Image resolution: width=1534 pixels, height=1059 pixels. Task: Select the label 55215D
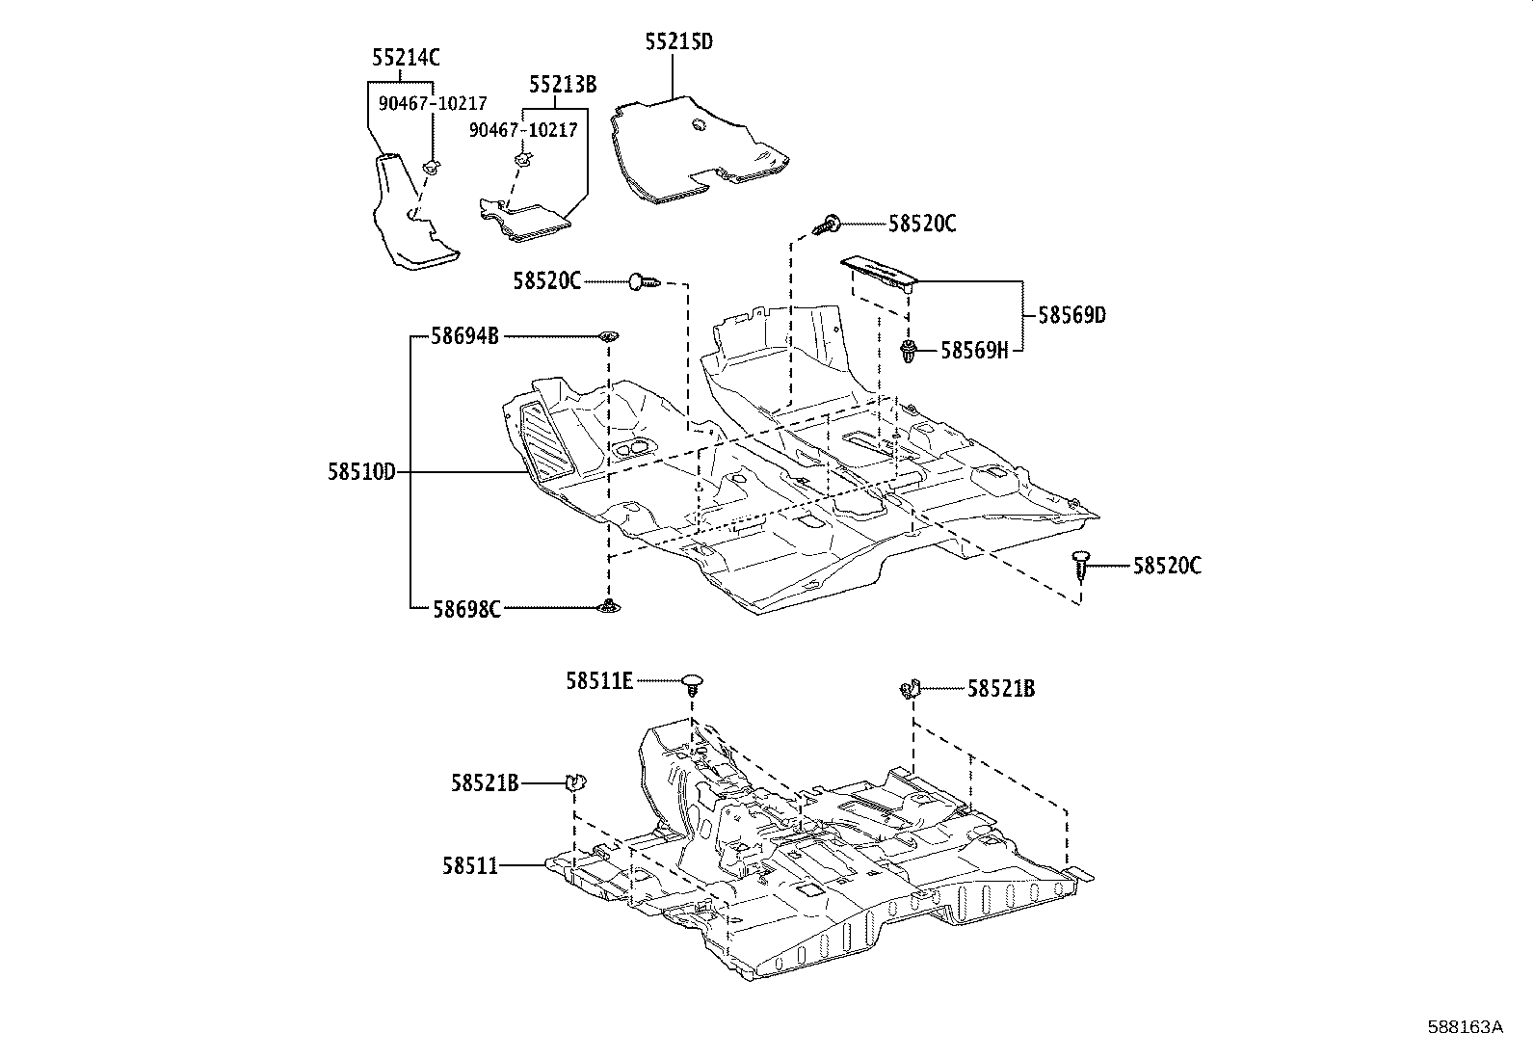[679, 41]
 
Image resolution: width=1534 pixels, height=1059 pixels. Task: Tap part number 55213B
[562, 85]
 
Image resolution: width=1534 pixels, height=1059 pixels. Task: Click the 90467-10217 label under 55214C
[433, 103]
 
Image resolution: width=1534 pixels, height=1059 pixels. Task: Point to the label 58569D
[1071, 315]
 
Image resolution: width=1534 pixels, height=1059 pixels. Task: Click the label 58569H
[973, 351]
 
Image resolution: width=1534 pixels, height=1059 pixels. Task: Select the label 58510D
[361, 472]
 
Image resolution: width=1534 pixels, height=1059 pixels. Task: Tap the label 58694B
[464, 336]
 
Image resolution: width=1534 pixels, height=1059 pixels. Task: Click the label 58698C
[465, 609]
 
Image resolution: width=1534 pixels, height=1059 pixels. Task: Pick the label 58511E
[599, 681]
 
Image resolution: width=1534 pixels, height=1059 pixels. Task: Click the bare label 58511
[470, 866]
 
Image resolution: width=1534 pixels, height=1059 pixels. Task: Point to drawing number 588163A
[1465, 1027]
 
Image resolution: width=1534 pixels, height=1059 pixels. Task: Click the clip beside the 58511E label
[693, 684]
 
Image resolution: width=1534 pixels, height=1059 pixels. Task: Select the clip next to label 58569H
[908, 353]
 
